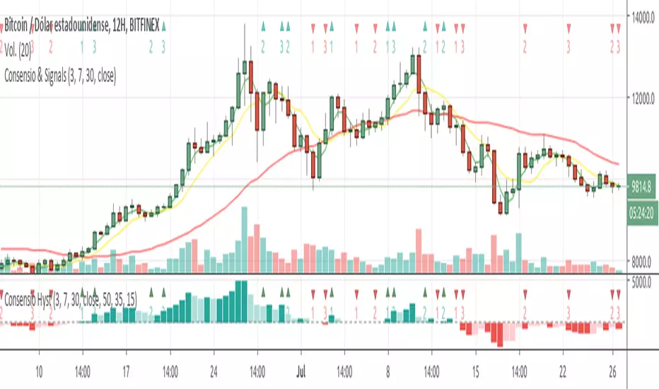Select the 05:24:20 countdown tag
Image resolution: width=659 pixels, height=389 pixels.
(643, 211)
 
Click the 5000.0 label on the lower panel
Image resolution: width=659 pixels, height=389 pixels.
(643, 281)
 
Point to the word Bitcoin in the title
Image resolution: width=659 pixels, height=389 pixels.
(18, 26)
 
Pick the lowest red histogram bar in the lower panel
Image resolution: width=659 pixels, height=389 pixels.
(501, 335)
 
